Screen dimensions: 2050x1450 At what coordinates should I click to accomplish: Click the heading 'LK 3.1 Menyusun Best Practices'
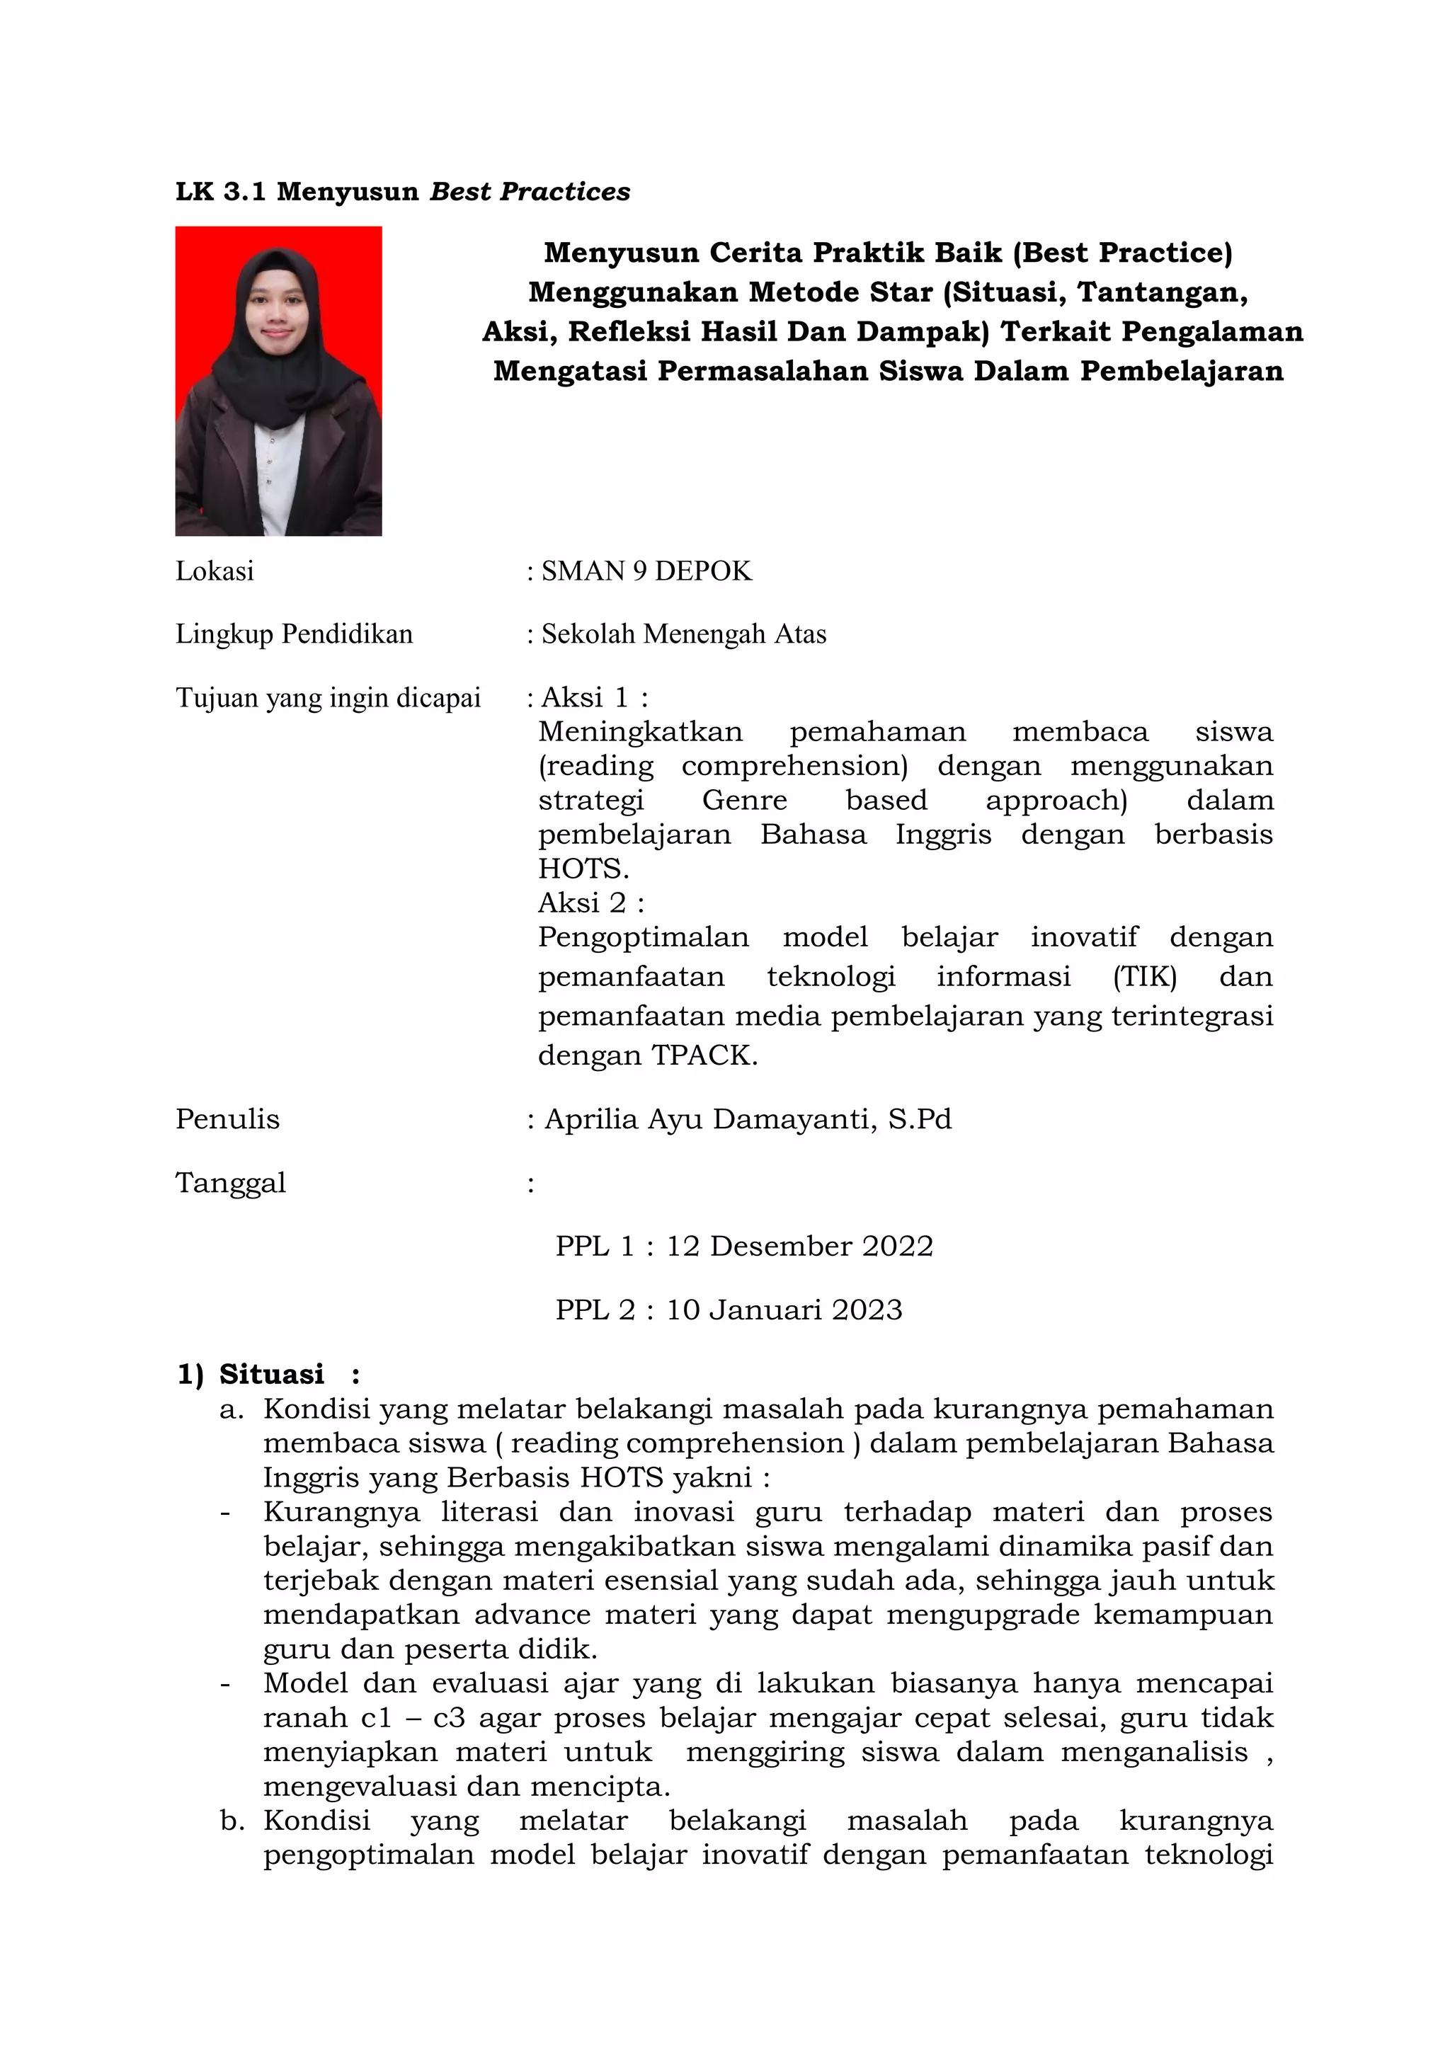[403, 192]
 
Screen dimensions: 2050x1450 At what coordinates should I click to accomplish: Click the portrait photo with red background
[278, 382]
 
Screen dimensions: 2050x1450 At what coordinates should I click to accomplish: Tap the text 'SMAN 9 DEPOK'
[646, 571]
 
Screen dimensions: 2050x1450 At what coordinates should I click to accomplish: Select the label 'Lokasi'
[215, 571]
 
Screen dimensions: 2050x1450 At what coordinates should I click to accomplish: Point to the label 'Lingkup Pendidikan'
[294, 634]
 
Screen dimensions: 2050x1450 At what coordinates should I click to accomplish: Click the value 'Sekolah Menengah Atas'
[684, 634]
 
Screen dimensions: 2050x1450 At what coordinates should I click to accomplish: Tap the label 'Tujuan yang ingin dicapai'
[328, 697]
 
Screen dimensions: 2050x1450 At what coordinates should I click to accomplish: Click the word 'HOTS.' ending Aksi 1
[583, 868]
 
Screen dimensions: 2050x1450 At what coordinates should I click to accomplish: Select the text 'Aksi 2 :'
[590, 903]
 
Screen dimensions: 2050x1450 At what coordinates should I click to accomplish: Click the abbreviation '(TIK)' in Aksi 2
[1145, 976]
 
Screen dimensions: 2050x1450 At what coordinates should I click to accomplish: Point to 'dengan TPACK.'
[647, 1055]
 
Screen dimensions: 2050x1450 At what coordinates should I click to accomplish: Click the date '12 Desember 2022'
[799, 1246]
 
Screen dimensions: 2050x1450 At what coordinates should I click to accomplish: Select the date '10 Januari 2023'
[784, 1309]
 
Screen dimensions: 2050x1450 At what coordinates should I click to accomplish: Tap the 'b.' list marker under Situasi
[232, 1821]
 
